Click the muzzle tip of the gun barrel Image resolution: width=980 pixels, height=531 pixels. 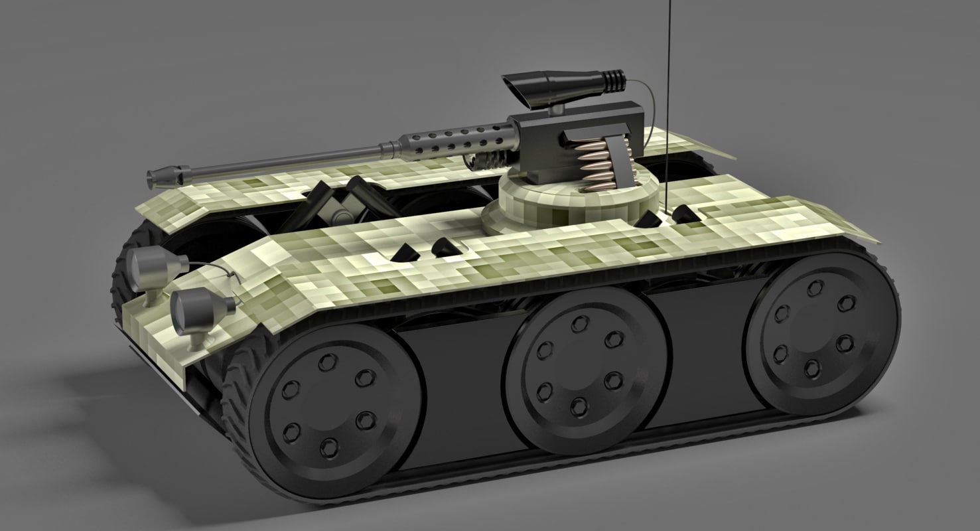point(154,177)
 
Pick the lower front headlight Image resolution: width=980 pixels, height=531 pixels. point(196,308)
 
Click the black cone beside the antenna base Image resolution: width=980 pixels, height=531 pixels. point(684,214)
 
